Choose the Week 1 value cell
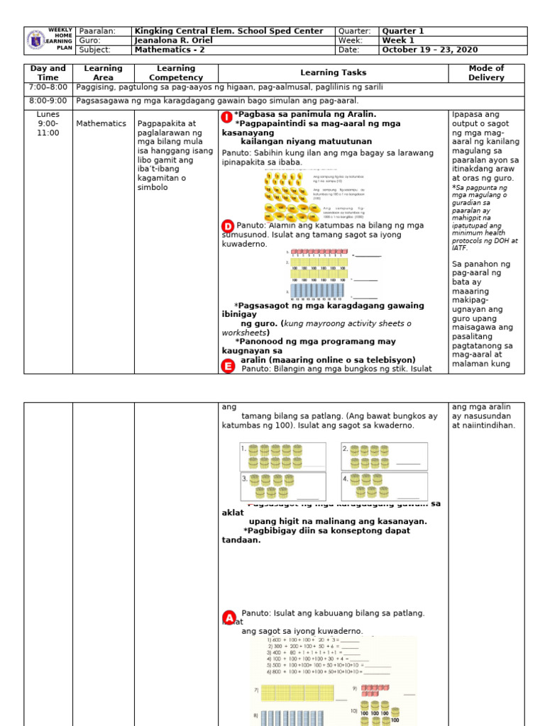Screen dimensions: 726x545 (398, 40)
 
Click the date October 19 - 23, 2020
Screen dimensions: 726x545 (429, 50)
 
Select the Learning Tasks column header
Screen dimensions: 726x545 (333, 73)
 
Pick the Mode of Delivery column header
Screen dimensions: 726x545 (486, 73)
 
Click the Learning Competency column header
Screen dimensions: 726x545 (175, 73)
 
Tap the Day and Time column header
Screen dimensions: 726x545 (48, 73)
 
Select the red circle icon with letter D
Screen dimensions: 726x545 (228, 226)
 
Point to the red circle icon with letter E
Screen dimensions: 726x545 (228, 366)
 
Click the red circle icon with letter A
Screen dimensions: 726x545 (229, 617)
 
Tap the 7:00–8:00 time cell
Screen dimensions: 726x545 (48, 87)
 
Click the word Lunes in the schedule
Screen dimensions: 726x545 (48, 114)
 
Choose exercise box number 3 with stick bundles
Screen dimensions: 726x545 (282, 486)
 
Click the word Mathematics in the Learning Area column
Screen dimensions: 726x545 (103, 123)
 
